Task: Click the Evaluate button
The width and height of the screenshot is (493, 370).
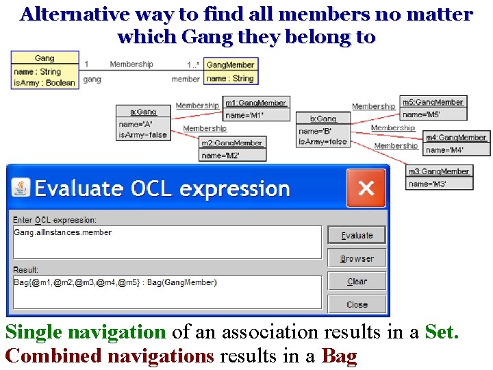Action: pyautogui.click(x=357, y=235)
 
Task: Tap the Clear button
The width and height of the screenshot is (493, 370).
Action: pyautogui.click(x=357, y=281)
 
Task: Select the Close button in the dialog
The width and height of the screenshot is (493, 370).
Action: pyautogui.click(x=357, y=304)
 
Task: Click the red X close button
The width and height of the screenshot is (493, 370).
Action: pyautogui.click(x=366, y=188)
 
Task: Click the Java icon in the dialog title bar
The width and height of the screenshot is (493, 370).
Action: pyautogui.click(x=22, y=188)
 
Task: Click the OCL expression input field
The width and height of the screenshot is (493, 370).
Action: pyautogui.click(x=167, y=242)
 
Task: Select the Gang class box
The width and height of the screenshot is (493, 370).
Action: pyautogui.click(x=45, y=71)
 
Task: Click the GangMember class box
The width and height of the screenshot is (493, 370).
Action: pyautogui.click(x=231, y=72)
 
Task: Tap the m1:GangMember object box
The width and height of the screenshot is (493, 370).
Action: pyautogui.click(x=257, y=109)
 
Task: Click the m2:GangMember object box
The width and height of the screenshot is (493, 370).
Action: pyautogui.click(x=233, y=149)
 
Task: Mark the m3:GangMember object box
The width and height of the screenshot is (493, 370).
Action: pyautogui.click(x=438, y=177)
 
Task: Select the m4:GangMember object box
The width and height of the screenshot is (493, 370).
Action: pyautogui.click(x=456, y=143)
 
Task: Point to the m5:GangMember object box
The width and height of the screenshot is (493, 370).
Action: pyautogui.click(x=433, y=108)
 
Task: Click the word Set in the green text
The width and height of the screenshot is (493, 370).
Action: pyautogui.click(x=441, y=333)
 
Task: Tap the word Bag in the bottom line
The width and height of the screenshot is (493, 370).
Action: pyautogui.click(x=340, y=357)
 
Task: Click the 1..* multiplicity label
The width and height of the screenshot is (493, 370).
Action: pyautogui.click(x=193, y=65)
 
